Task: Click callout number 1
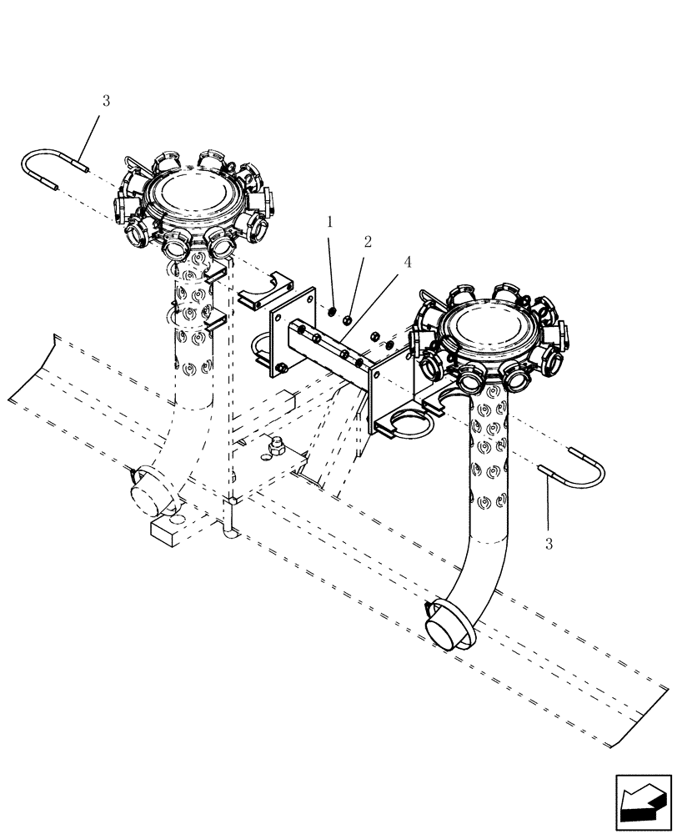click(330, 222)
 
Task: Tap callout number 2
click(367, 242)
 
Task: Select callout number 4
click(407, 262)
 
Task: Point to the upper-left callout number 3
click(105, 101)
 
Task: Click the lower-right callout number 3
click(548, 545)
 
